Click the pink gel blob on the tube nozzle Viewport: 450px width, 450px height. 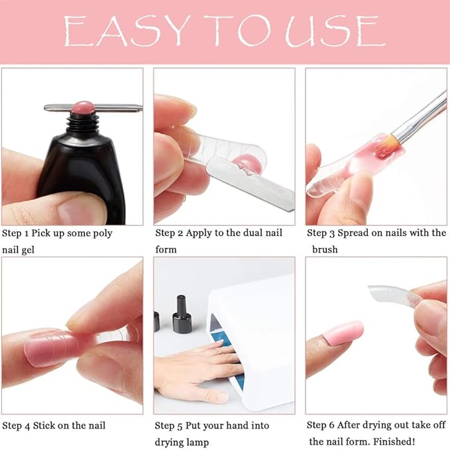[x=84, y=107]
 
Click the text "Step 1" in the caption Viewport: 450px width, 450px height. [x=17, y=233]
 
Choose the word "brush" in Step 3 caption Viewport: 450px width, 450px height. [x=325, y=250]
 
